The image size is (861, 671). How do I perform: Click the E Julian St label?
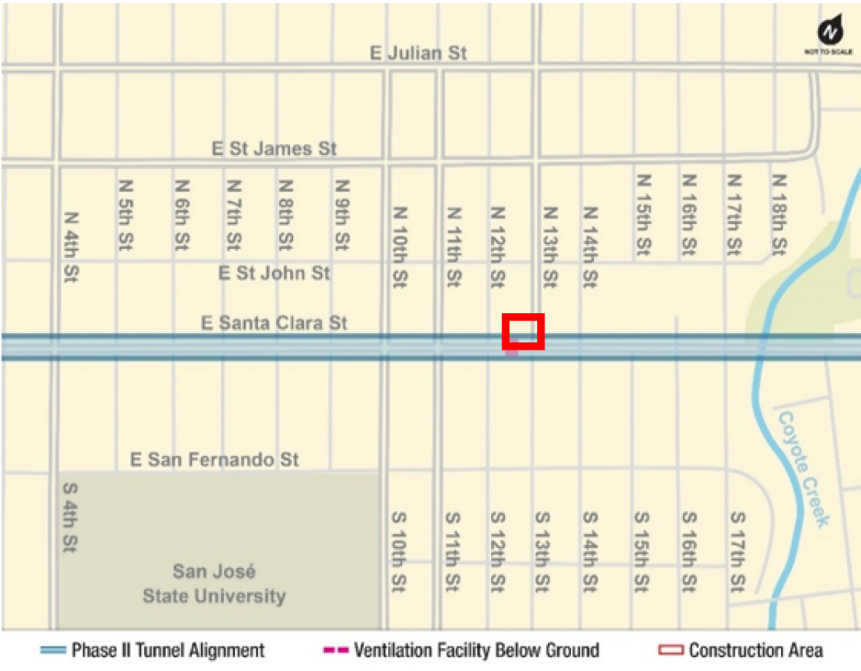419,53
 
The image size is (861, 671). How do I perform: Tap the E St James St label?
275,149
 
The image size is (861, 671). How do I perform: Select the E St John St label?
274,273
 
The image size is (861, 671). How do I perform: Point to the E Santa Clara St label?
275,323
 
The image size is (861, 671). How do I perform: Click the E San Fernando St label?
215,459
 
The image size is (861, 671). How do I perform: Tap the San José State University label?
214,584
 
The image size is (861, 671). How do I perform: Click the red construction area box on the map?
523,331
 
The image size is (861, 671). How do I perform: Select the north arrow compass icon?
829,32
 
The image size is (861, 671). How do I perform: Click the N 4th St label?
72,246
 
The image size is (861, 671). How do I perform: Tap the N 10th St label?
400,246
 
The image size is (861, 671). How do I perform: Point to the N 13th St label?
549,246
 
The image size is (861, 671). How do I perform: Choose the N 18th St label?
779,215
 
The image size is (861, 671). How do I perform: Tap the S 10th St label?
400,551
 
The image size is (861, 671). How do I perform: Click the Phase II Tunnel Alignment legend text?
168,651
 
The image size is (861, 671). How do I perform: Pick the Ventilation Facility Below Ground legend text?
476,651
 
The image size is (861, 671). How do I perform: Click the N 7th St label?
234,215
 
